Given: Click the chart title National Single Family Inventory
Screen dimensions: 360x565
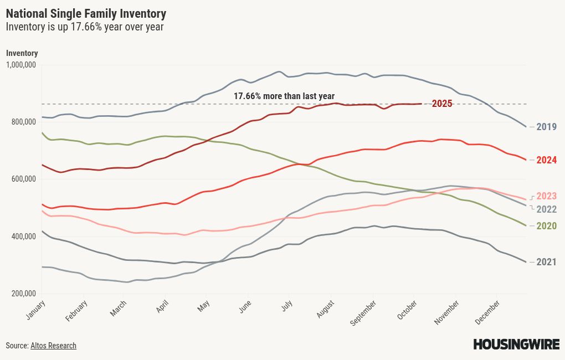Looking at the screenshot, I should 86,13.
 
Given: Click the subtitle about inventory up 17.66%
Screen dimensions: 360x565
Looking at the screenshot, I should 85,27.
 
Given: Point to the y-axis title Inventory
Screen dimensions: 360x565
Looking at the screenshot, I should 22,53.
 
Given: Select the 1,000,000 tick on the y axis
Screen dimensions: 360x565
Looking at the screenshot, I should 22,65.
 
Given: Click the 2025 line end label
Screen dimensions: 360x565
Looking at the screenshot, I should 442,104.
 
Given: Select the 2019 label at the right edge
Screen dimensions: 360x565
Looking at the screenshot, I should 546,127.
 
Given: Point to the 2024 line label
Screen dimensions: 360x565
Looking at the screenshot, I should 546,160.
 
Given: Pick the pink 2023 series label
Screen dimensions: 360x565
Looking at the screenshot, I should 546,196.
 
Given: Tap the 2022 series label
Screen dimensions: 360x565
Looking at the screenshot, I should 546,209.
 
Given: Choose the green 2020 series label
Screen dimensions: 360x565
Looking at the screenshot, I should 546,226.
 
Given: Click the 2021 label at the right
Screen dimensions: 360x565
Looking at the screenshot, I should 546,262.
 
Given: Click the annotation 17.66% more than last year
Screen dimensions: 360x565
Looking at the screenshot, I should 284,96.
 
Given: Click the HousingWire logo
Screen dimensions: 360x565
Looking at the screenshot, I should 516,344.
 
